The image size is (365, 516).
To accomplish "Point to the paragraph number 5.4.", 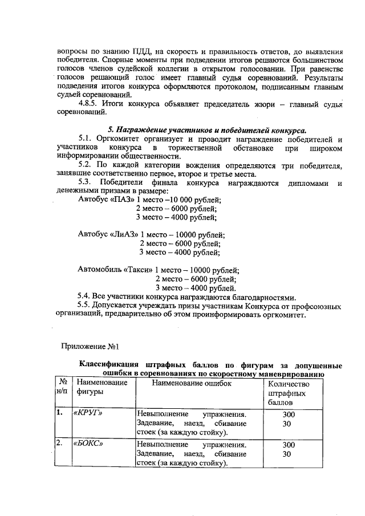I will [x=84, y=296].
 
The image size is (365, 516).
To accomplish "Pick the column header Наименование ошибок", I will [x=191, y=383].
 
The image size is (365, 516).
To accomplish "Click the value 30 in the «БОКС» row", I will [x=287, y=454].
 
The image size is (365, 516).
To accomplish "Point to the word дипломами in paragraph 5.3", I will [x=309, y=182].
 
